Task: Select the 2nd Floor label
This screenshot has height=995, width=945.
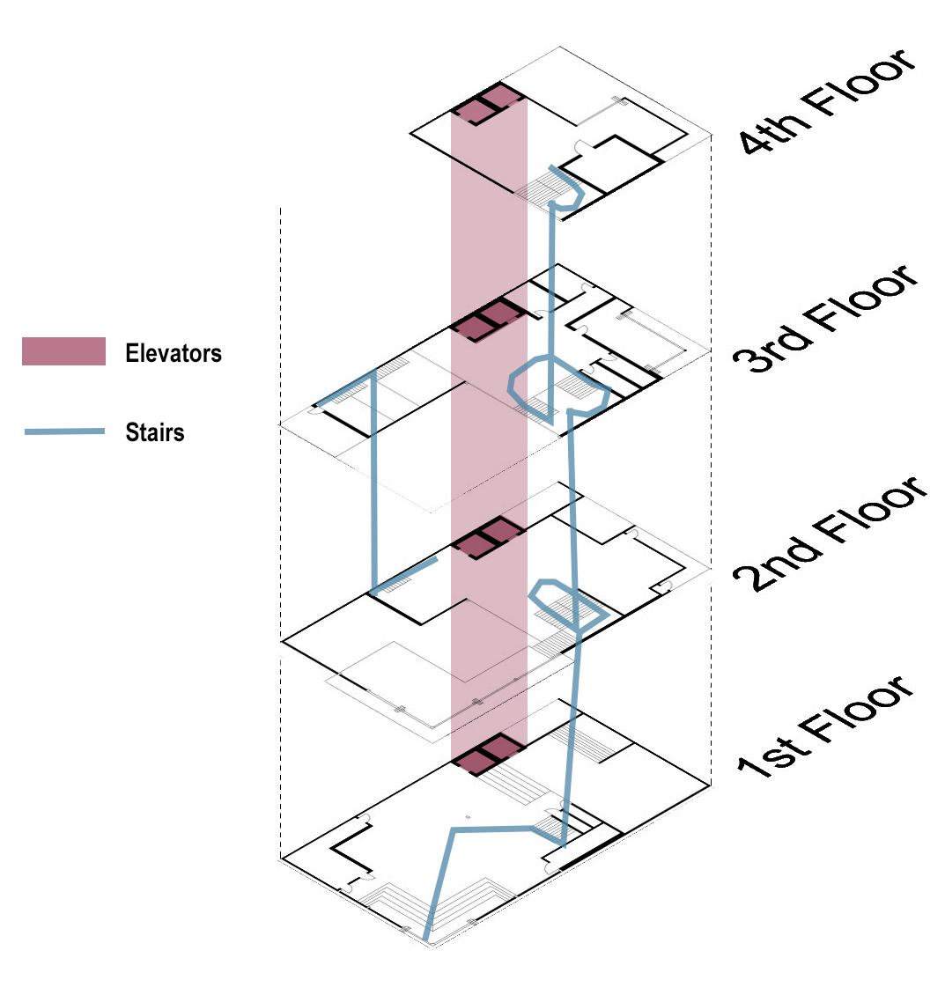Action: (830, 534)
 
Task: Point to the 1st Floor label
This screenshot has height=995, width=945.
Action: (826, 725)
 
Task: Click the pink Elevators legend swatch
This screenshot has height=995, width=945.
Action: (63, 351)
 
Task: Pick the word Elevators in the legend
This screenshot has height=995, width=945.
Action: (173, 353)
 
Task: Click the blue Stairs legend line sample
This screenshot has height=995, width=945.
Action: (64, 432)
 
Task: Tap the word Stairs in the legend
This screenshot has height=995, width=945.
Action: (155, 432)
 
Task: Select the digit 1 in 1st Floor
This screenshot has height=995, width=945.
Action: (751, 767)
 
